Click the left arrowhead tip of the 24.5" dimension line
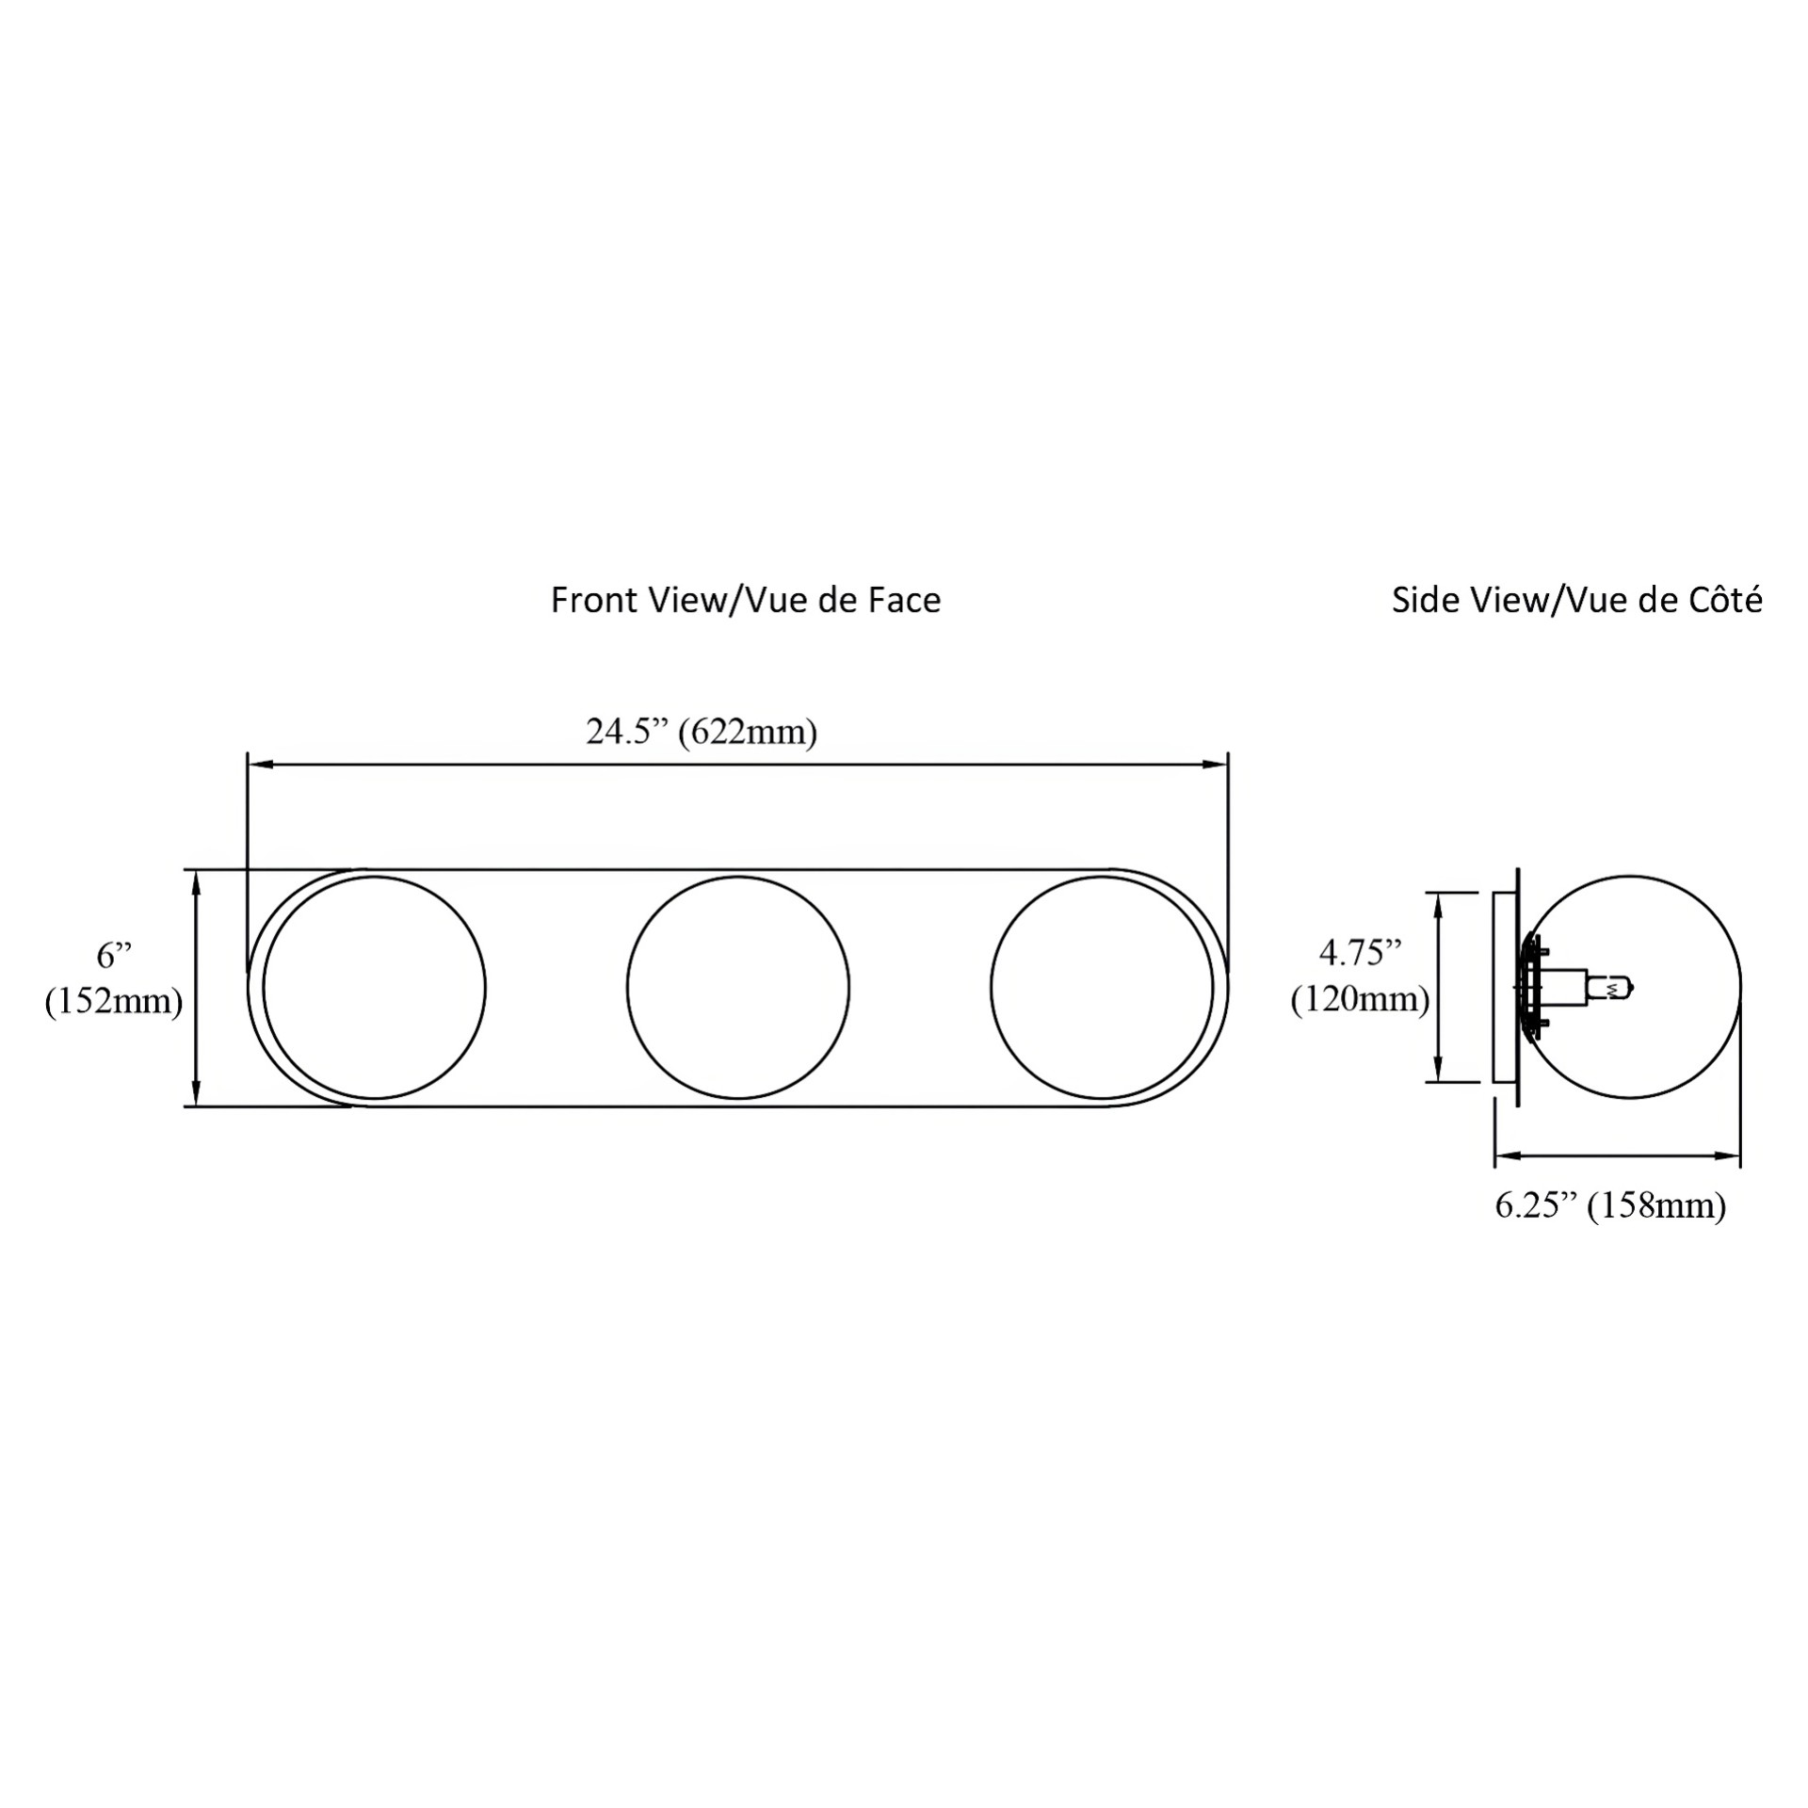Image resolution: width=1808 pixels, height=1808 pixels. (x=248, y=765)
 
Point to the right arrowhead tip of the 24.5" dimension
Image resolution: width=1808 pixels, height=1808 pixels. (x=1228, y=765)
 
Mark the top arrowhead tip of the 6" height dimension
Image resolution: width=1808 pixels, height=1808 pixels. (x=196, y=870)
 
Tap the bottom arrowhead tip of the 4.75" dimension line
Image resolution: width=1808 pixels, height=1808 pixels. (x=1438, y=1082)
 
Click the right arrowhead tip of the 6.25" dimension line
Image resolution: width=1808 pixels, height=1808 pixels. (x=1740, y=1155)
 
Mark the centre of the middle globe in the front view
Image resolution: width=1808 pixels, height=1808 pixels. (x=738, y=988)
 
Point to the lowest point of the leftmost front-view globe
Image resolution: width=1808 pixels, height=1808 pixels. (x=375, y=1099)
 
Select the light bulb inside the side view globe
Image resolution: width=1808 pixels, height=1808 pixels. (x=1611, y=989)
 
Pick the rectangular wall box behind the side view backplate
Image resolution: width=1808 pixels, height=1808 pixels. (x=1505, y=988)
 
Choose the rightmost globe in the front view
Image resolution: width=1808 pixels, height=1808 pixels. (x=1102, y=988)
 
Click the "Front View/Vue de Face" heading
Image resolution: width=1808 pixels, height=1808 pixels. (x=746, y=601)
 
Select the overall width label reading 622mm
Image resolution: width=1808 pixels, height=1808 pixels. (x=748, y=732)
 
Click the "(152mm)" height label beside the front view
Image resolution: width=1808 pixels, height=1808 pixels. (x=114, y=1002)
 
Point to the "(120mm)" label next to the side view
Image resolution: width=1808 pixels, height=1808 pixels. (x=1360, y=998)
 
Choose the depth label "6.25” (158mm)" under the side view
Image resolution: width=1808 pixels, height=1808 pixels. (x=1611, y=1205)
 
